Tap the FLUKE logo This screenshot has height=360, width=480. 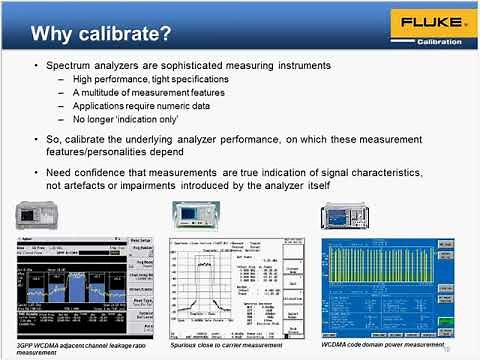(x=425, y=22)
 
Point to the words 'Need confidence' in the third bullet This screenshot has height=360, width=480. (x=85, y=173)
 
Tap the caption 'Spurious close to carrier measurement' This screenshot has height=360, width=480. (x=220, y=345)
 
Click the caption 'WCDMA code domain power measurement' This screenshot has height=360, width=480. (x=383, y=345)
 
